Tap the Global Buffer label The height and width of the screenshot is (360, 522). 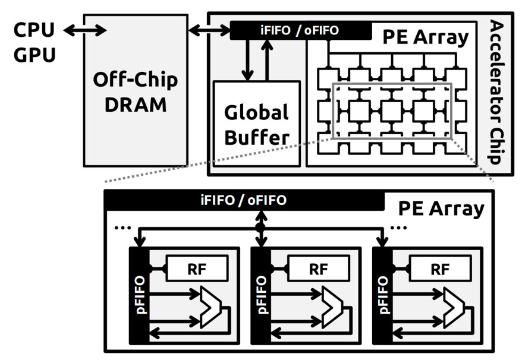pos(256,125)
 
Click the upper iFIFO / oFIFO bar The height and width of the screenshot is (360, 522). pos(300,30)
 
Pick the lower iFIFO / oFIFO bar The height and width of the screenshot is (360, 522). pos(243,200)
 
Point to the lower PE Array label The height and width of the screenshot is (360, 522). pos(441,209)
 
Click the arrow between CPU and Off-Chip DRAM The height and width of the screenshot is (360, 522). pos(85,30)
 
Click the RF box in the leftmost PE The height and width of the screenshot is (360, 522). pos(197,269)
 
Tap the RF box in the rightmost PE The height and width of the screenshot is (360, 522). pos(440,269)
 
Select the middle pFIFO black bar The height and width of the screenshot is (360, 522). pos(260,295)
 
